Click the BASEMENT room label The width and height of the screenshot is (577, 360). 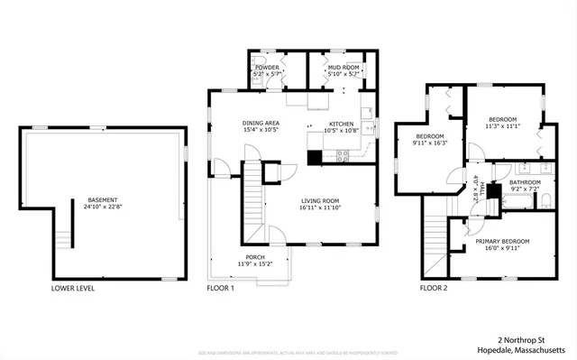101,199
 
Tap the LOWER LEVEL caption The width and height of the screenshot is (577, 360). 74,289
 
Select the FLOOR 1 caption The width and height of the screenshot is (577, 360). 220,289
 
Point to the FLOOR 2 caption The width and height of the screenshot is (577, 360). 433,289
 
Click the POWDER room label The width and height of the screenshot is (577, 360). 267,68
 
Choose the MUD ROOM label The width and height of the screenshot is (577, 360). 343,68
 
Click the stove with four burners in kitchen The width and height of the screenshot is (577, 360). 343,155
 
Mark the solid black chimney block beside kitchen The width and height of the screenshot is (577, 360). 314,158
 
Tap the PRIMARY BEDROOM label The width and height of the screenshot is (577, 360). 502,241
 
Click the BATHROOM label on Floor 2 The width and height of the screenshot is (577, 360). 525,181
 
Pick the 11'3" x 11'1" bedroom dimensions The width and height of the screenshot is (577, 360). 502,127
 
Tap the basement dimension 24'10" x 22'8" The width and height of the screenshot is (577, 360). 101,207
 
